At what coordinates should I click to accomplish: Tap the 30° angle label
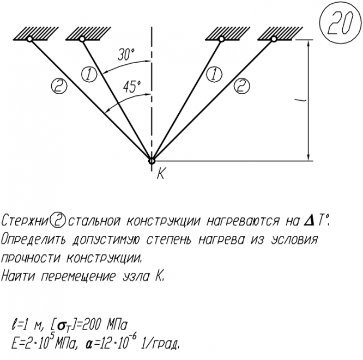[x=126, y=55]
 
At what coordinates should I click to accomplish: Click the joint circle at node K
[x=152, y=160]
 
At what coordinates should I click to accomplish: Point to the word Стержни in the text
[x=25, y=222]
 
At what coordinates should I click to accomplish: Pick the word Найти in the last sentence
[x=18, y=276]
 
